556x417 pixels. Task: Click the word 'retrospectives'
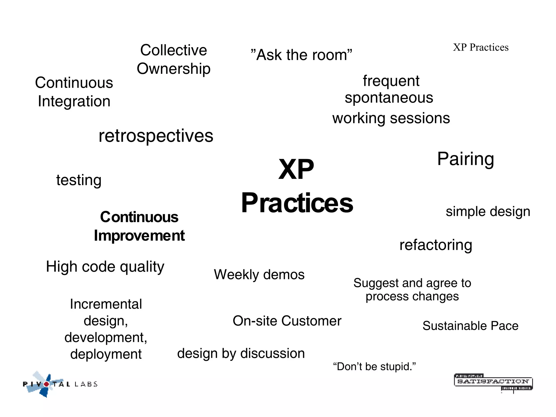pyautogui.click(x=156, y=136)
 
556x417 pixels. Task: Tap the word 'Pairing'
pyautogui.click(x=465, y=159)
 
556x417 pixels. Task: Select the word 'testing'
pyautogui.click(x=79, y=180)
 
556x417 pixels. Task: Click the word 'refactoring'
pyautogui.click(x=436, y=245)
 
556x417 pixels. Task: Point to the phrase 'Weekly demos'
pyautogui.click(x=259, y=274)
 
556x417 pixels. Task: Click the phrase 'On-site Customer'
pyautogui.click(x=287, y=321)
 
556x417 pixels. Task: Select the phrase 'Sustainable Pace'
pyautogui.click(x=470, y=326)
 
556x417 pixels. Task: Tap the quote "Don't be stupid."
pyautogui.click(x=374, y=367)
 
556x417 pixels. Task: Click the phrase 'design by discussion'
pyautogui.click(x=241, y=353)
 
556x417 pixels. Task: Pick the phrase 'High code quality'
pyautogui.click(x=105, y=267)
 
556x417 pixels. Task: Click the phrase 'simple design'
pyautogui.click(x=488, y=211)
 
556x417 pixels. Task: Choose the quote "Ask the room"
pyautogui.click(x=301, y=55)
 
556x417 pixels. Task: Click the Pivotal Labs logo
pyautogui.click(x=60, y=384)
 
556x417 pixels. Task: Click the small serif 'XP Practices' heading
pyautogui.click(x=481, y=48)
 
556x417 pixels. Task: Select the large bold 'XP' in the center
pyautogui.click(x=296, y=169)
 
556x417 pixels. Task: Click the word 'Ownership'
pyautogui.click(x=173, y=69)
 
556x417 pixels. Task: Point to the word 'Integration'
pyautogui.click(x=74, y=101)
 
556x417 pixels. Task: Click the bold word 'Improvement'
pyautogui.click(x=139, y=235)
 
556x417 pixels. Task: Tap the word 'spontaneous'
pyautogui.click(x=389, y=98)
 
